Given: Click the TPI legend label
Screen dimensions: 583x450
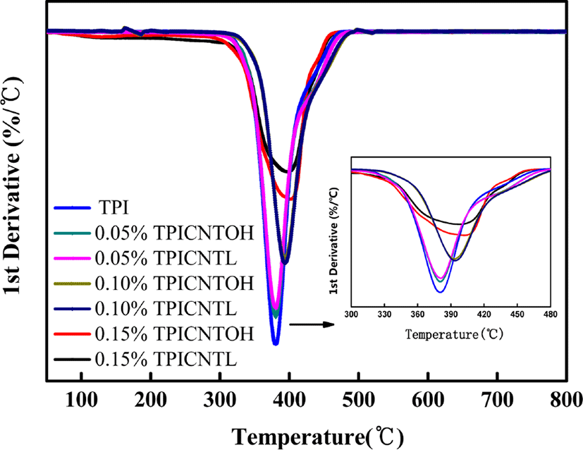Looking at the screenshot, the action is (x=113, y=207).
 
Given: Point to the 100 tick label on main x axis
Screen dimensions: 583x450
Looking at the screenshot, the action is (x=82, y=400).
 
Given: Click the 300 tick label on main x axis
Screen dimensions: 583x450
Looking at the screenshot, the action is (x=220, y=400).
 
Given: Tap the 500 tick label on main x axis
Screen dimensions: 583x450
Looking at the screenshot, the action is (x=358, y=400).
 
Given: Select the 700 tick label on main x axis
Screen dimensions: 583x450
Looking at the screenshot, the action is (x=497, y=400).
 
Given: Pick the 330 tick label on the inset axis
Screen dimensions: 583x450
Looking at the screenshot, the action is (x=384, y=315).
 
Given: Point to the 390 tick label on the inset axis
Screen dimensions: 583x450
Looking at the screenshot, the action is (x=450, y=315).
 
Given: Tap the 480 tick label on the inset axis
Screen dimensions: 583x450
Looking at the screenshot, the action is (x=551, y=315).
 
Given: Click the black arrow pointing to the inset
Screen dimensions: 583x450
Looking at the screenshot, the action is (x=312, y=324).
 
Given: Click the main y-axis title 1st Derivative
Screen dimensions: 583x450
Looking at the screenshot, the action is (x=12, y=186).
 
